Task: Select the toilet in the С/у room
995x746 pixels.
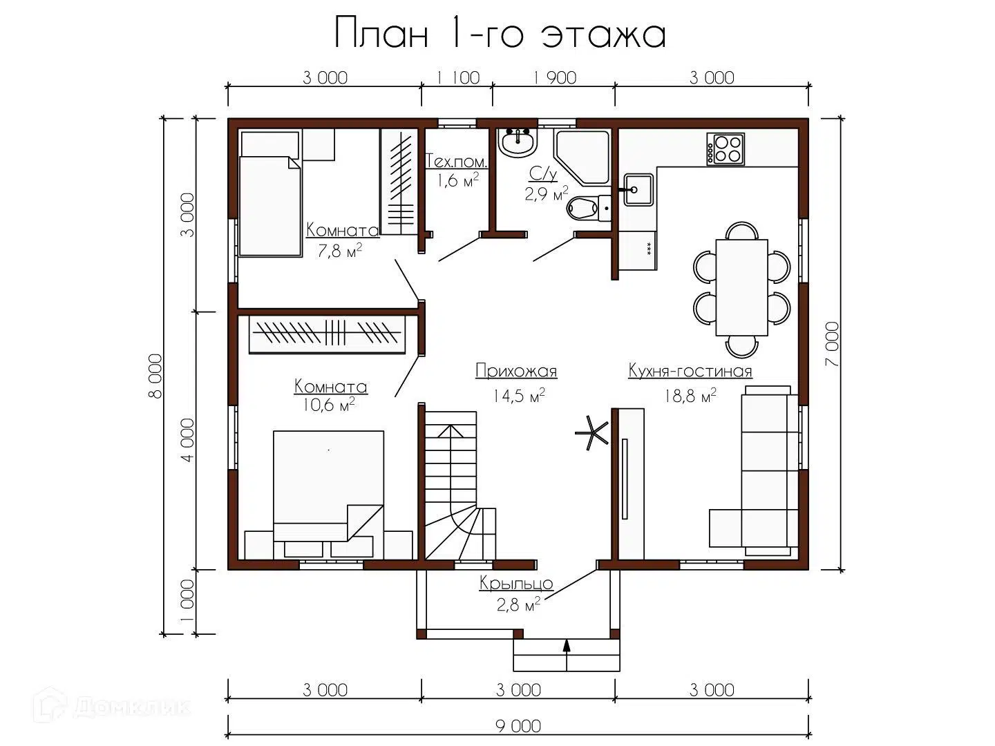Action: point(589,209)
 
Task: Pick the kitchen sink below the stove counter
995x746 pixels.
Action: point(638,190)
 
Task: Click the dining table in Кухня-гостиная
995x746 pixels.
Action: point(741,287)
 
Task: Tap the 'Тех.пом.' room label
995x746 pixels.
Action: point(457,162)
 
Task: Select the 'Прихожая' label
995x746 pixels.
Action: point(516,371)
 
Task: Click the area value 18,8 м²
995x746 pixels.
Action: point(690,396)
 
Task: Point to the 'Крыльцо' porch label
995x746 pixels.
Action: point(516,584)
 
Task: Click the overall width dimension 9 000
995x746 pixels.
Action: point(518,725)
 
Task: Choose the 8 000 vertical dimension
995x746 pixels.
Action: point(155,376)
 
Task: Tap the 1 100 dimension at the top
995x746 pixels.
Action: point(458,78)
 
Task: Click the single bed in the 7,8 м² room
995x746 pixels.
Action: point(270,194)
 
